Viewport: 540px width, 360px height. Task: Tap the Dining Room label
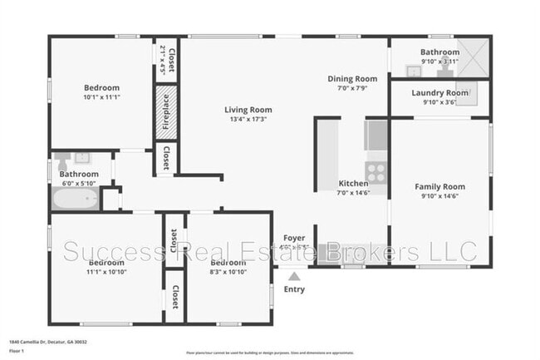click(x=351, y=79)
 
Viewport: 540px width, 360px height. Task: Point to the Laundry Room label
click(x=439, y=92)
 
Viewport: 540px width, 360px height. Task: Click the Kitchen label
click(x=353, y=184)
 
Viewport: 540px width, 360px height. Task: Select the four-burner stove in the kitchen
click(x=376, y=173)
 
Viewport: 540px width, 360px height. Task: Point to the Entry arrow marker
click(x=293, y=275)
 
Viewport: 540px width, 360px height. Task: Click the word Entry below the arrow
click(x=293, y=289)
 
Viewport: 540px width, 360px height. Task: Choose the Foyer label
click(x=294, y=238)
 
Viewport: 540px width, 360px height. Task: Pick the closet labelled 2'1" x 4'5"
click(x=167, y=59)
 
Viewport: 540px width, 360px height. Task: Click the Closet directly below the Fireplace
click(x=167, y=158)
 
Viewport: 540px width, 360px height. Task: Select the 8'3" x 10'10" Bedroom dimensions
click(x=228, y=271)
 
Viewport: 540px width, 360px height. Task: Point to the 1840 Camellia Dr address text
click(x=47, y=342)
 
